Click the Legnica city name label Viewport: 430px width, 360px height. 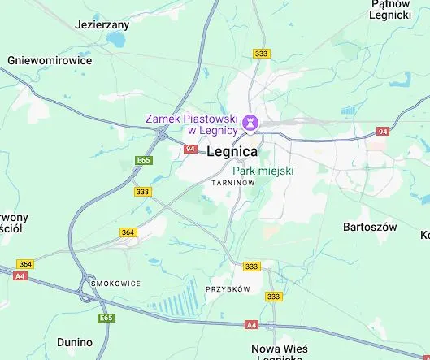(232, 151)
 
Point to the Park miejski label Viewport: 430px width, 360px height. (263, 171)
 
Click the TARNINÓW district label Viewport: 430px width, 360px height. (233, 184)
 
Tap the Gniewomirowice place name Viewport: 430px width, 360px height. (49, 60)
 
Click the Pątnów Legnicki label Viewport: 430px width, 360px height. (390, 9)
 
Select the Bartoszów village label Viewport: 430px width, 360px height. (370, 226)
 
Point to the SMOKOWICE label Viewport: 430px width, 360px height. (116, 284)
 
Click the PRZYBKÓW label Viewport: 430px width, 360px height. (228, 288)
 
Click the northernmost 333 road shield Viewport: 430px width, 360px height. (262, 54)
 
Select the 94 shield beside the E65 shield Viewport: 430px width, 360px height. (190, 149)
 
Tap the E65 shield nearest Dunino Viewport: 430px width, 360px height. (106, 318)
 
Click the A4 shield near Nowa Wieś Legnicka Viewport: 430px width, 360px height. (251, 325)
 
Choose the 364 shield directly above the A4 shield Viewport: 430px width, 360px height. (25, 264)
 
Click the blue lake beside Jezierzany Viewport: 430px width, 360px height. (119, 39)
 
